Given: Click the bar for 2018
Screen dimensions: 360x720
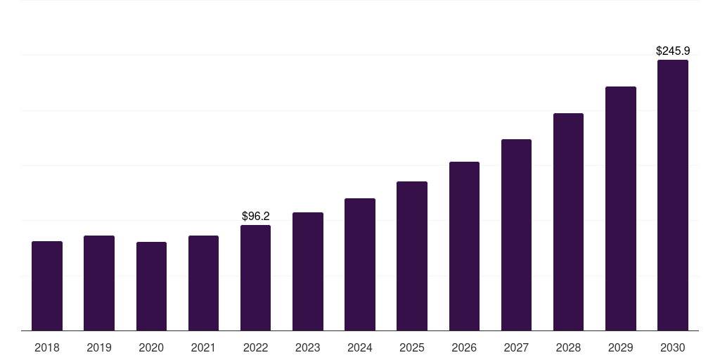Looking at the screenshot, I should (x=47, y=285).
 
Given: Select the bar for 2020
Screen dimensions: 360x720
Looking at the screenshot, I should (x=151, y=286).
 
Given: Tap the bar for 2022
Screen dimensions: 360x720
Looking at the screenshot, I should (x=255, y=278).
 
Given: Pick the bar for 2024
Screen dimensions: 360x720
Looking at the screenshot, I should (x=360, y=264).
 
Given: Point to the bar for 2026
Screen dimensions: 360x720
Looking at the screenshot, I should (x=464, y=246).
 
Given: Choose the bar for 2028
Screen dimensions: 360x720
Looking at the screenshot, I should (x=568, y=221).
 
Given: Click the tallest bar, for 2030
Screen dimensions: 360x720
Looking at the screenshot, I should (x=673, y=195).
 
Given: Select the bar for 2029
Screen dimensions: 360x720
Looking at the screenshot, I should (x=621, y=208).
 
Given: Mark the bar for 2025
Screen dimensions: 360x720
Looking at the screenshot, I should (x=412, y=256).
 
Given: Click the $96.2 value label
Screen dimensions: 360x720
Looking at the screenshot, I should (x=255, y=217).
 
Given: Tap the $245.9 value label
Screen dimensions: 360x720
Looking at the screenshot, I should (x=673, y=51).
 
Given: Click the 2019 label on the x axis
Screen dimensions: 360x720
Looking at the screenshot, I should (x=99, y=348).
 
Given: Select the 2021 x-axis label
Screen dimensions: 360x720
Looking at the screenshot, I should (x=203, y=348).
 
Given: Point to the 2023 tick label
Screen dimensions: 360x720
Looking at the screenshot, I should (x=308, y=348).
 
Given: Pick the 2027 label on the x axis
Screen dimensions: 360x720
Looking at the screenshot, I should (x=516, y=348).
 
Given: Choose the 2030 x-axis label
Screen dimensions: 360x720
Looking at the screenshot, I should (x=673, y=348).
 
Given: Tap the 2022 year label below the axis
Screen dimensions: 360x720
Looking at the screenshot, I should (x=255, y=348).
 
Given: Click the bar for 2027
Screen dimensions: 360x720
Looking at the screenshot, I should (x=516, y=235).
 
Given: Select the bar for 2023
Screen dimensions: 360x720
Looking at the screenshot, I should (x=308, y=271).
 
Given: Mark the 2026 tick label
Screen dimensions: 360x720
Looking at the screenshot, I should (x=464, y=348).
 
